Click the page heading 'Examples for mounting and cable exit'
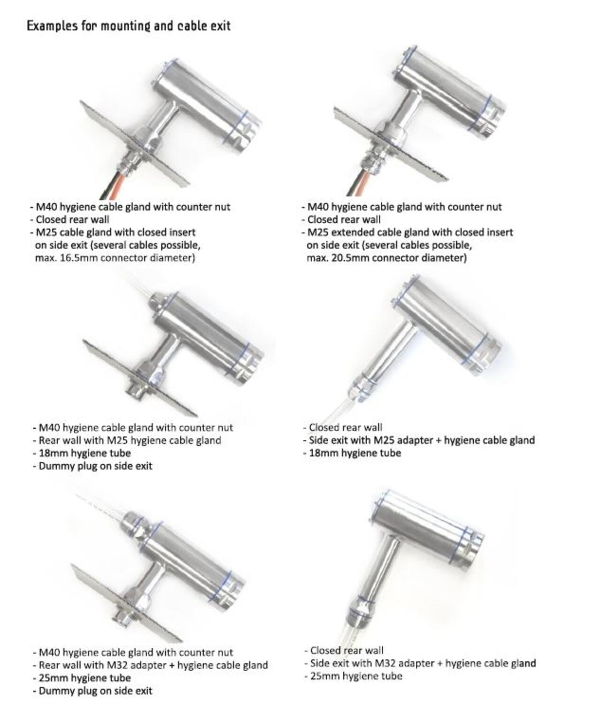click(128, 25)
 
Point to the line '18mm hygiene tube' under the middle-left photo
click(85, 453)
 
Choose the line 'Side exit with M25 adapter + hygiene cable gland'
click(421, 440)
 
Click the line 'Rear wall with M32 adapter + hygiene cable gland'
click(153, 665)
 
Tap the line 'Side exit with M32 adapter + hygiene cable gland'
click(423, 663)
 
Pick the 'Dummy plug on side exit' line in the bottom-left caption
click(95, 690)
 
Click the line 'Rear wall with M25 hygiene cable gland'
click(130, 440)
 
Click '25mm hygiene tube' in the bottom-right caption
click(356, 676)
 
